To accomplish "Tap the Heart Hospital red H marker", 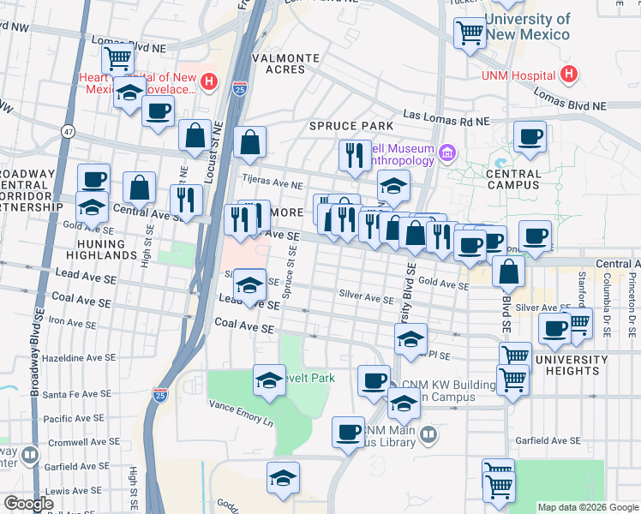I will (x=210, y=82).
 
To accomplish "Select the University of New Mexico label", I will (x=527, y=27).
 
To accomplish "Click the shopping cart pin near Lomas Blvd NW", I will (x=117, y=57).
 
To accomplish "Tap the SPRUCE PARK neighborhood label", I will (x=339, y=126).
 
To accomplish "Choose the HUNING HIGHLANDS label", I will (x=101, y=249).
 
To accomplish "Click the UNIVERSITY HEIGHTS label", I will (x=567, y=365).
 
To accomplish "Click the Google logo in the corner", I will (x=29, y=503).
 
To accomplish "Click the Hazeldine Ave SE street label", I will (x=76, y=356).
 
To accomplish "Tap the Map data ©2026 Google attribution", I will (x=587, y=507).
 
